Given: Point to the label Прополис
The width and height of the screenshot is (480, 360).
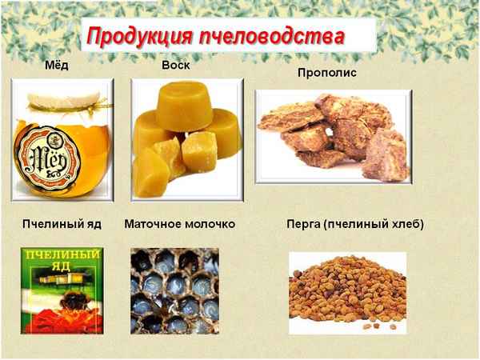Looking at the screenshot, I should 326,73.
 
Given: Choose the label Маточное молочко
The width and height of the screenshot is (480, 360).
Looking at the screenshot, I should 180,224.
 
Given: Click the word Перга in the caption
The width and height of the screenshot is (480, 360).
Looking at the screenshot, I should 303,224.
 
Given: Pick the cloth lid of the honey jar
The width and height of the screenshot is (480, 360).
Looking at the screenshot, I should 61,99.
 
